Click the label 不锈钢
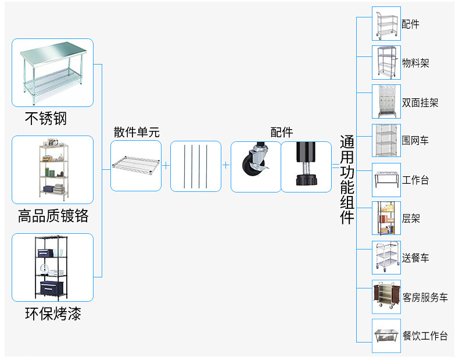(x=46, y=119)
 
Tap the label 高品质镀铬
(x=53, y=216)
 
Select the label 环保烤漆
(x=53, y=314)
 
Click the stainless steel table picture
(x=52, y=73)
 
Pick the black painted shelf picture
(x=52, y=268)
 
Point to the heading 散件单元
(x=136, y=132)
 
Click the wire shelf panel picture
(x=136, y=166)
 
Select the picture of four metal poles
(x=196, y=166)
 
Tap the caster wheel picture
(x=256, y=166)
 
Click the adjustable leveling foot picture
(x=306, y=166)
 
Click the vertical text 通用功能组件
(x=347, y=180)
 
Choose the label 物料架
(x=415, y=63)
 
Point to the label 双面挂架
(x=420, y=102)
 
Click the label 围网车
(x=415, y=141)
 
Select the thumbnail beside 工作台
(x=386, y=180)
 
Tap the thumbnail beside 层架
(x=386, y=219)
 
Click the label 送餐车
(x=415, y=258)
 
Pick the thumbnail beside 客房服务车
(x=386, y=297)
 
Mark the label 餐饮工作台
(x=425, y=336)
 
